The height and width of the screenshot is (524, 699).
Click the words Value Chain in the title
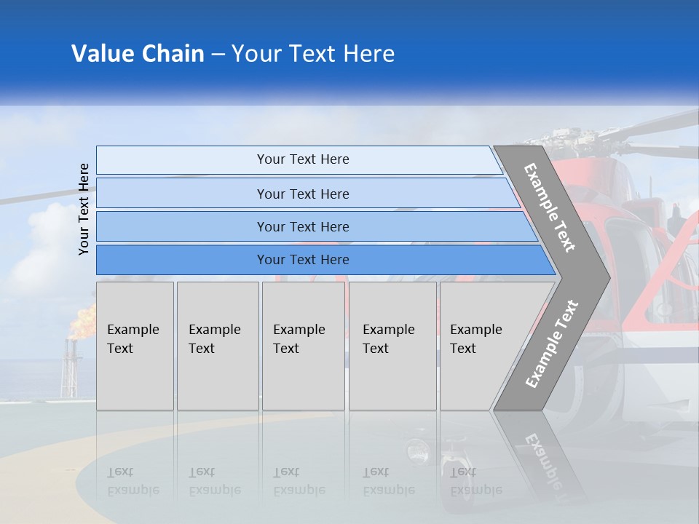coord(138,54)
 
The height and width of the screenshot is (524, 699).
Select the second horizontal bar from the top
coord(302,194)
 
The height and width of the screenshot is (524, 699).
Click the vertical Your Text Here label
coord(84,209)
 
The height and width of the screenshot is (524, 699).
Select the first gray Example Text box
coord(135,346)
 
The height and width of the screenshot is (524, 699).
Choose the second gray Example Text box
coord(217,346)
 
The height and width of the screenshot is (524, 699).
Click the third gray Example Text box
coord(303,346)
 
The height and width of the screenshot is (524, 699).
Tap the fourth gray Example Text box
coord(392,346)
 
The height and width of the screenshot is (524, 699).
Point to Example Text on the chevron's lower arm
coord(551,344)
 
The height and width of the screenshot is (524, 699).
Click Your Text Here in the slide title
coord(313,54)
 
